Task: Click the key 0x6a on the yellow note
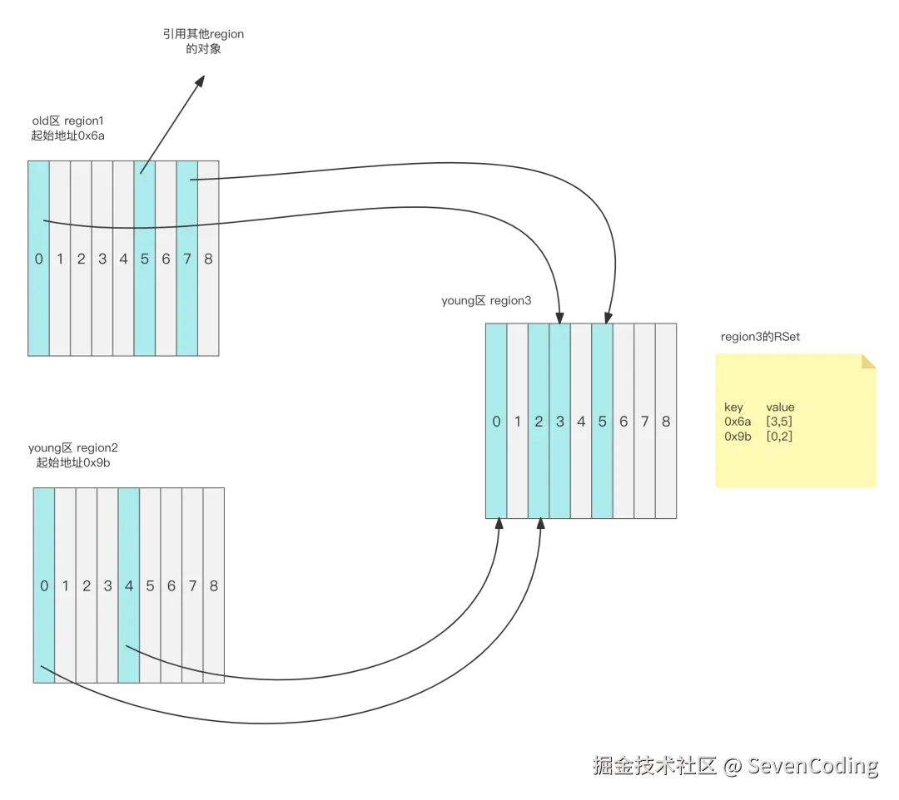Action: [737, 422]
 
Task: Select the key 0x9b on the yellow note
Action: [737, 436]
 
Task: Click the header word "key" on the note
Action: [733, 407]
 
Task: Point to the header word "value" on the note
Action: [780, 407]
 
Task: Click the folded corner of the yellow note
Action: [870, 361]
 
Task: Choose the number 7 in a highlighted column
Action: [187, 259]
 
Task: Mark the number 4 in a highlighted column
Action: [128, 586]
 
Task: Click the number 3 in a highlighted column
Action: [560, 422]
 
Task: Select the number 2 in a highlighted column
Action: [539, 422]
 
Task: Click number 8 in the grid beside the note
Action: [666, 422]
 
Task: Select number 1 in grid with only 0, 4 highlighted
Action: [66, 586]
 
